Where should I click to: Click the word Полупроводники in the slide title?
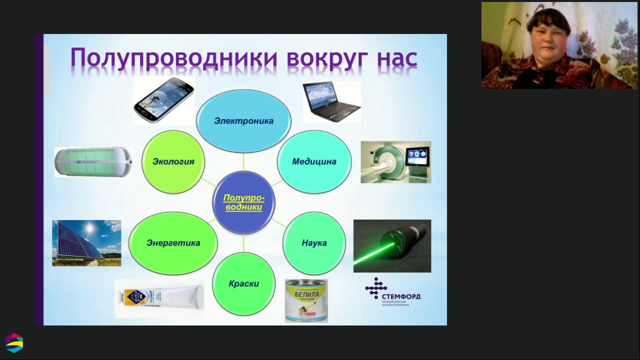[x=174, y=57]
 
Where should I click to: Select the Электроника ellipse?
[x=243, y=121]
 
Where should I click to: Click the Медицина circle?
[x=314, y=161]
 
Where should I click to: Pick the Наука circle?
[x=314, y=243]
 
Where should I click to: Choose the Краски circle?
[x=243, y=283]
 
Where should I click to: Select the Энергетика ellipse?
[x=173, y=243]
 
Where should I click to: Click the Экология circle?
[x=173, y=161]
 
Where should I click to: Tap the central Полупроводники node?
[x=243, y=202]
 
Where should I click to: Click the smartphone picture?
[x=163, y=100]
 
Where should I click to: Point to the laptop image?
[x=331, y=101]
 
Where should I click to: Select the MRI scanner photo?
[x=395, y=161]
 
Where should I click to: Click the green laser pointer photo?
[x=392, y=245]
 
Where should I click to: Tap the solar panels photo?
[x=86, y=243]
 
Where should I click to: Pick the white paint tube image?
[x=159, y=298]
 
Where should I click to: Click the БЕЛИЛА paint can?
[x=306, y=300]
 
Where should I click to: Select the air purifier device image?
[x=93, y=161]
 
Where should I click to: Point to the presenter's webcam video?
[x=559, y=45]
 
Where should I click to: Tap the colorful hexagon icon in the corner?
[x=14, y=343]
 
